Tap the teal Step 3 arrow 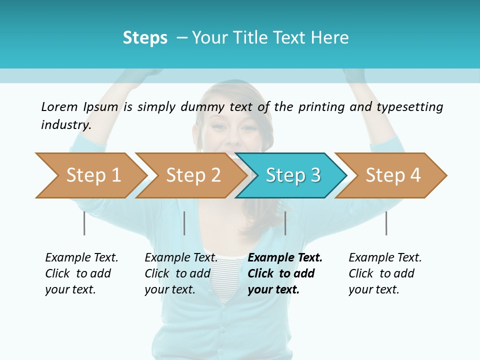tap(293, 175)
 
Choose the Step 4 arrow tap(393, 175)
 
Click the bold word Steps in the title tap(145, 38)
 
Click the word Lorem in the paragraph tap(59, 106)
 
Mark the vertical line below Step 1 tap(84, 223)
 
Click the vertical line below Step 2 tap(184, 223)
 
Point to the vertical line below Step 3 tap(285, 223)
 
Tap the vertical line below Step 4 tap(386, 223)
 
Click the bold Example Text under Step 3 tap(285, 257)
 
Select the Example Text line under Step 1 tap(81, 257)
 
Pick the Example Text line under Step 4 tap(385, 257)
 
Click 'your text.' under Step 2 tap(170, 289)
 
